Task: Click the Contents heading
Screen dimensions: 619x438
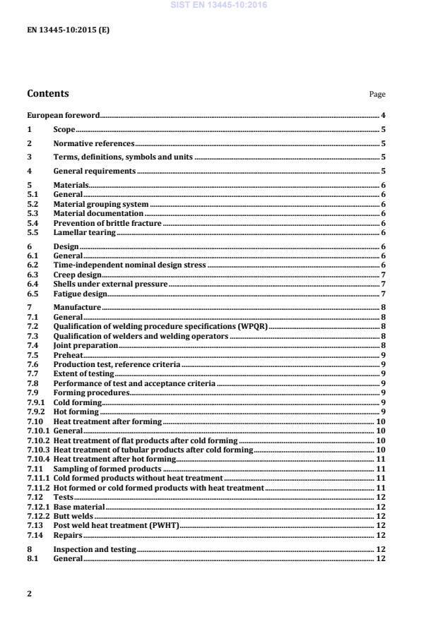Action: tap(47, 93)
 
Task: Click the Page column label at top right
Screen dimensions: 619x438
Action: tap(377, 95)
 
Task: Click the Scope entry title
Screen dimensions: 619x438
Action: tap(64, 129)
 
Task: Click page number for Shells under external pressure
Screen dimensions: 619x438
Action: tap(382, 284)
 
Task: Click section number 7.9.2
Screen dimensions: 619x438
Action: tap(36, 411)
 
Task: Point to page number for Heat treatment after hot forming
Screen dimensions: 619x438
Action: tap(380, 459)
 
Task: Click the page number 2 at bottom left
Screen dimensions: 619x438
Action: tap(29, 594)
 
